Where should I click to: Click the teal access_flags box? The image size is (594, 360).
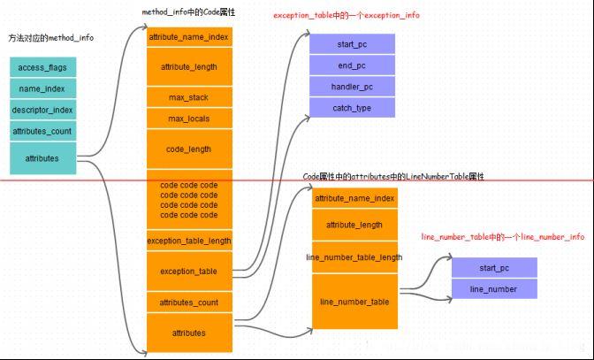pos(43,66)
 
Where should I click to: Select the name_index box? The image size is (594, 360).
pos(43,88)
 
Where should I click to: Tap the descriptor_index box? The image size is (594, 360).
pos(43,110)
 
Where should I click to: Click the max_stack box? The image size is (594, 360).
pos(188,96)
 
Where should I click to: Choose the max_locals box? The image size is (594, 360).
pos(188,119)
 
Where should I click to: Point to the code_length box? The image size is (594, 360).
pos(188,149)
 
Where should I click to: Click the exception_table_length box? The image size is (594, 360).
pos(188,241)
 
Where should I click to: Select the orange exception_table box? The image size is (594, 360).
pos(188,271)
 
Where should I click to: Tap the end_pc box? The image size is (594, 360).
pos(352,65)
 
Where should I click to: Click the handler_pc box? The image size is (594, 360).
pos(352,87)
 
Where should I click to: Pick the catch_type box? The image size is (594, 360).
pos(352,108)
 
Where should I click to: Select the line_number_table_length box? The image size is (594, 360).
pos(354,257)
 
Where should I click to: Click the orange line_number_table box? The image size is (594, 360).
pos(354,302)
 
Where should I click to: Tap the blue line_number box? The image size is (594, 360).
pos(493,289)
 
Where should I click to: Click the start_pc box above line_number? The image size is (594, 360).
pos(493,267)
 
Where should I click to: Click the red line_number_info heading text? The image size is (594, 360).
pos(502,237)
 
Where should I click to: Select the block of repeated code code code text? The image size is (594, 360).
pos(188,200)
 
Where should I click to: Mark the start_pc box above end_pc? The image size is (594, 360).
pos(352,43)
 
